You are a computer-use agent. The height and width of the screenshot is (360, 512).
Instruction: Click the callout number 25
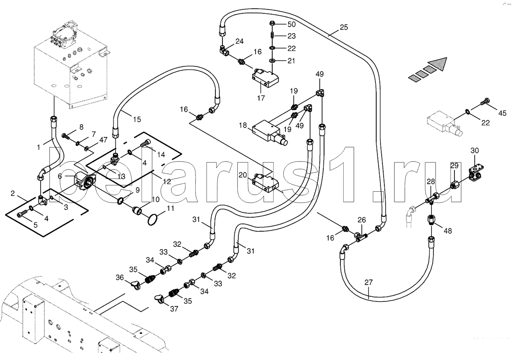click(x=344, y=27)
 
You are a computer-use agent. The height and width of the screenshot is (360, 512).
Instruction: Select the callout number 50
click(x=291, y=24)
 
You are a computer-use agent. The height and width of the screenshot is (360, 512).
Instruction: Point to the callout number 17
click(x=261, y=98)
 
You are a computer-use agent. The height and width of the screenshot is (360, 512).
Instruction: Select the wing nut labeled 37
click(x=159, y=298)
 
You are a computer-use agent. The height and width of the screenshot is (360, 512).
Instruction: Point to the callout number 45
click(x=502, y=113)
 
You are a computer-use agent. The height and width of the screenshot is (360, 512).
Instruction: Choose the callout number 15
click(x=137, y=119)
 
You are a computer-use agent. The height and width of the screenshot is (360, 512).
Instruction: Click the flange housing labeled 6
click(x=85, y=182)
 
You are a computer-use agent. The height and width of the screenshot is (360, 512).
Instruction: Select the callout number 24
click(x=239, y=41)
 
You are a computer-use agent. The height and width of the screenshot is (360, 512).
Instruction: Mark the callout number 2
click(x=13, y=193)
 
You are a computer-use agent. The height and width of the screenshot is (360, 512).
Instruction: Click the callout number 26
click(x=362, y=220)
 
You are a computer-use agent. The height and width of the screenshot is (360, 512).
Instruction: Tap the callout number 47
click(x=103, y=140)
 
